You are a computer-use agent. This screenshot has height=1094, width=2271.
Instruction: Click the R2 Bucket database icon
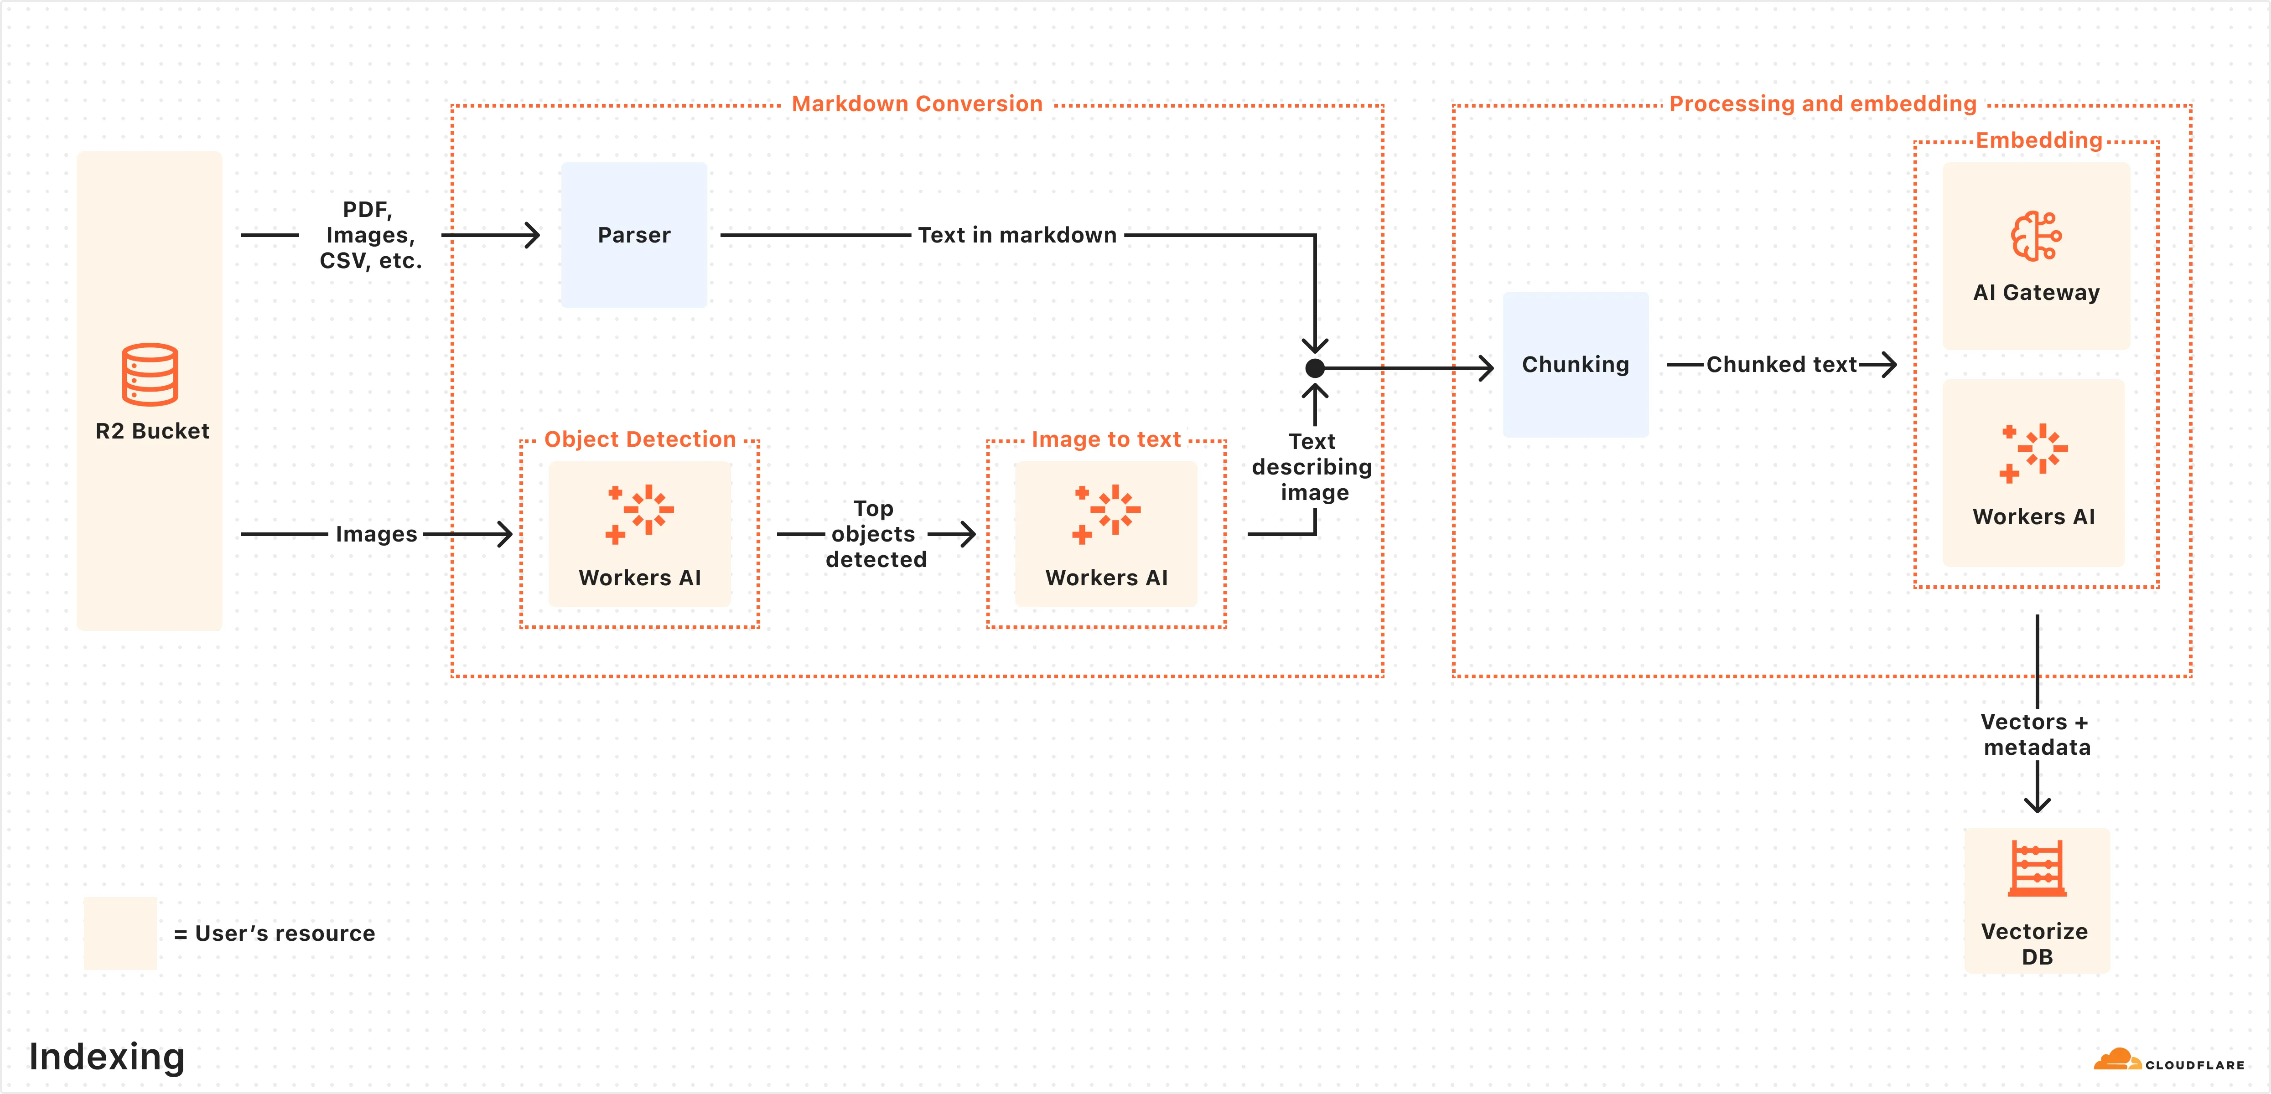coord(150,375)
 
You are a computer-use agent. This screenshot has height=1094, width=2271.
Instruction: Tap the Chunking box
coord(1576,364)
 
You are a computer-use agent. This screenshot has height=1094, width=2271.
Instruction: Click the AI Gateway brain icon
coord(2036,236)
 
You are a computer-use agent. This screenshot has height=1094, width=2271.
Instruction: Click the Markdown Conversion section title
coord(917,104)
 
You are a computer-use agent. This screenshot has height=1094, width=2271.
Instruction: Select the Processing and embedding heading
coord(1822,104)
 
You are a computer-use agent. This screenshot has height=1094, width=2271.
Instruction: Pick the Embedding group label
coord(2038,140)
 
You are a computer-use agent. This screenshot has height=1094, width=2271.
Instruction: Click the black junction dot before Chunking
coord(1314,368)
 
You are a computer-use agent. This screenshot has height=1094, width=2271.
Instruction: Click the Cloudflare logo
coord(2169,1061)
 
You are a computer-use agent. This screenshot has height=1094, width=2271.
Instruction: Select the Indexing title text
coord(107,1056)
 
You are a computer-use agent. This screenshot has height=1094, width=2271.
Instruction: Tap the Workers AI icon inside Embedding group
coord(2034,453)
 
